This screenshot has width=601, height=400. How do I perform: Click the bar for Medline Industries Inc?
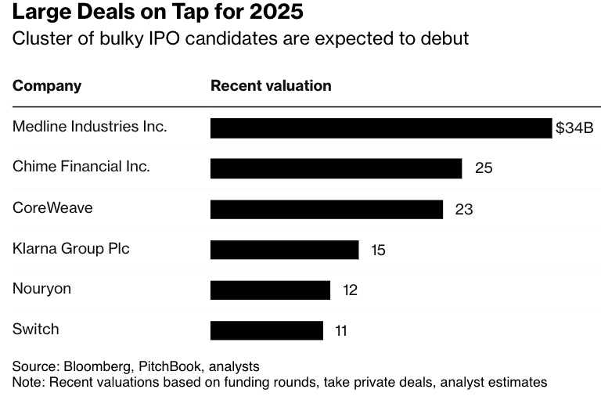point(381,128)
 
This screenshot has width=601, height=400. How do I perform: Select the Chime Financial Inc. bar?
point(336,168)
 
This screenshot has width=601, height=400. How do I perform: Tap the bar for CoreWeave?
point(326,209)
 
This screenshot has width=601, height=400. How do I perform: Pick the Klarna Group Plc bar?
point(284,250)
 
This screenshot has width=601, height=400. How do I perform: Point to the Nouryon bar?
point(270,290)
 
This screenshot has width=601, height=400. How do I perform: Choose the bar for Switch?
point(266,330)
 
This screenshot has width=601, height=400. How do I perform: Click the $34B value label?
point(574,128)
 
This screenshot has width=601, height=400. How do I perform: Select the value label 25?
point(484,168)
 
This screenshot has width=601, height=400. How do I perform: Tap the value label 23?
point(464,210)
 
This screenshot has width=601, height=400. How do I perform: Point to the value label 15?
point(378,250)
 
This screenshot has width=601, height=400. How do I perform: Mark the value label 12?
point(350,290)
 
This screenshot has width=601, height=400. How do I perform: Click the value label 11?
point(340,331)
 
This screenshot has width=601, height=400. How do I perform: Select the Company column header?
point(47,86)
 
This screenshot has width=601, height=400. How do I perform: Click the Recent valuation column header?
point(271,86)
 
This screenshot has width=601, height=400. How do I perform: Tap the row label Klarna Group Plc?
point(71,249)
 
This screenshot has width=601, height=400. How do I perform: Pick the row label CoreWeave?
point(52,208)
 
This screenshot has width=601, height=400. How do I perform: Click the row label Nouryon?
point(41,289)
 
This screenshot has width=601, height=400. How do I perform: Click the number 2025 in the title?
point(279,14)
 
